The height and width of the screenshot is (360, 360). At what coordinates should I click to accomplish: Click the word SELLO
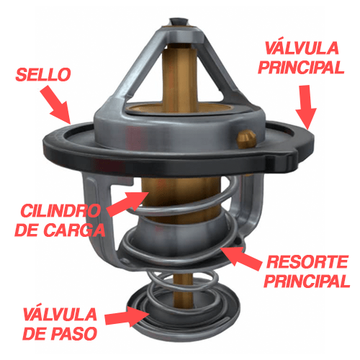pyautogui.click(x=43, y=74)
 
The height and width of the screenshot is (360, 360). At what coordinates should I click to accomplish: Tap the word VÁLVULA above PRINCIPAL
pyautogui.click(x=302, y=48)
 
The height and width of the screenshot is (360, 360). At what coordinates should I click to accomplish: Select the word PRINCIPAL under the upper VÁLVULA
pyautogui.click(x=301, y=68)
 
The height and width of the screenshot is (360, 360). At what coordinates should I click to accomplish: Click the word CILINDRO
pyautogui.click(x=60, y=211)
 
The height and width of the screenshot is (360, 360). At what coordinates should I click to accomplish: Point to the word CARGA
pyautogui.click(x=74, y=230)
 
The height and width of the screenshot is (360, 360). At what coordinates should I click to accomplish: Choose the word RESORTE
pyautogui.click(x=307, y=262)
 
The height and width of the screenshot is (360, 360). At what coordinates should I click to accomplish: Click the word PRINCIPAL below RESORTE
pyautogui.click(x=307, y=281)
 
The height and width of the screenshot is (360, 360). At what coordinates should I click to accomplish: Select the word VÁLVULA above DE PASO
pyautogui.click(x=60, y=314)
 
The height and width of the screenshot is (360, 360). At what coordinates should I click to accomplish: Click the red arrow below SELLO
pyautogui.click(x=56, y=105)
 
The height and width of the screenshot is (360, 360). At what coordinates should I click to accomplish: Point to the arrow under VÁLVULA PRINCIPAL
pyautogui.click(x=306, y=107)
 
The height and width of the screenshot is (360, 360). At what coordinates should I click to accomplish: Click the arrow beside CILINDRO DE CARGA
pyautogui.click(x=127, y=204)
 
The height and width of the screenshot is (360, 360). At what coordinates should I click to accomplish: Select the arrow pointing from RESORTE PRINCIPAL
pyautogui.click(x=240, y=258)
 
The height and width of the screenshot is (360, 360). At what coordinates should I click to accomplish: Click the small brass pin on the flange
pyautogui.click(x=246, y=138)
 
